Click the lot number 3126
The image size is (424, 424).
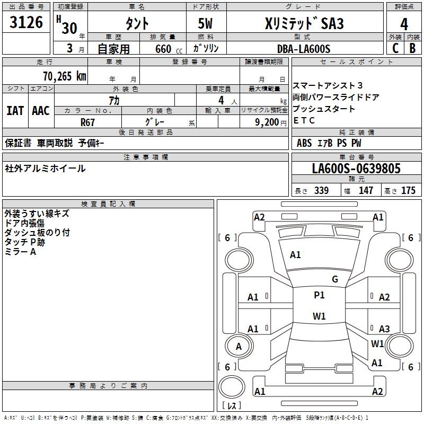(x=26, y=22)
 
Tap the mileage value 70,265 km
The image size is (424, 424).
(x=65, y=76)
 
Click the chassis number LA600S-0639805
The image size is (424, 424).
(x=356, y=169)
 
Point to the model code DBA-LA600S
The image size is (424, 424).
(x=304, y=49)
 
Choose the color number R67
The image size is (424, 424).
(x=87, y=122)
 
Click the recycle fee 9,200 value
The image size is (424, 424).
(x=267, y=122)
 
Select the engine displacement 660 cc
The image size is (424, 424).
(x=169, y=49)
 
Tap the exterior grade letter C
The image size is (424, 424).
(x=395, y=48)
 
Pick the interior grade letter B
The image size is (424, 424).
(x=412, y=48)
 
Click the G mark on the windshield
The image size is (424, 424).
(x=335, y=279)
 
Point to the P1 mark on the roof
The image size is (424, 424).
(x=319, y=295)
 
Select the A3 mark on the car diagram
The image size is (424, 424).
(x=384, y=329)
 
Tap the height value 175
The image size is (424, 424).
(x=408, y=190)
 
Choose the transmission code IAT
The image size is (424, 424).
(x=15, y=111)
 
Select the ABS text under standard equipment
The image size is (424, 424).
(x=304, y=143)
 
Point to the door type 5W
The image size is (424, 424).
(x=205, y=23)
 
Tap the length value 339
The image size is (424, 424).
(x=321, y=190)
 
